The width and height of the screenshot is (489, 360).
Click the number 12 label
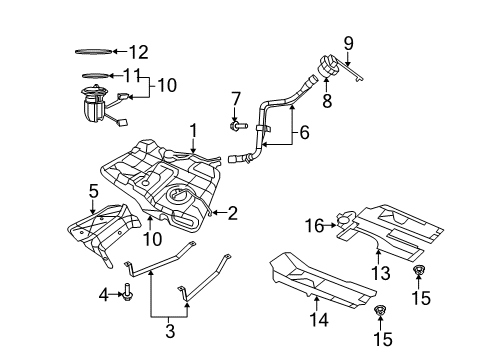137,51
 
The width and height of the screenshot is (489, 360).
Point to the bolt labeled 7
236,127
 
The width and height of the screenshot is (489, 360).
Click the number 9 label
348,43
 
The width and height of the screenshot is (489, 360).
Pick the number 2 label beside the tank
232,211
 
